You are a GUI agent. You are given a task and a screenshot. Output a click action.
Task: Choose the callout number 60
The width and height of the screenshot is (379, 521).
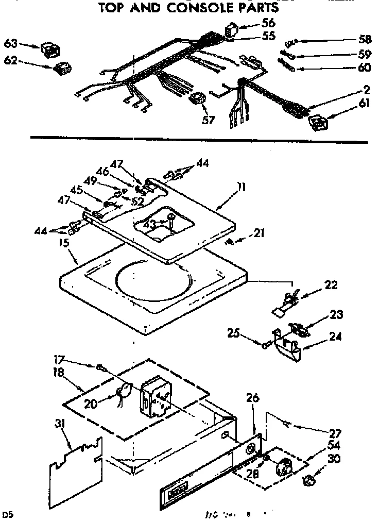coord(364,68)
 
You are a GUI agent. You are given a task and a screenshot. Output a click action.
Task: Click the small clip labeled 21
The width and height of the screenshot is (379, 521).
coord(231,242)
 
